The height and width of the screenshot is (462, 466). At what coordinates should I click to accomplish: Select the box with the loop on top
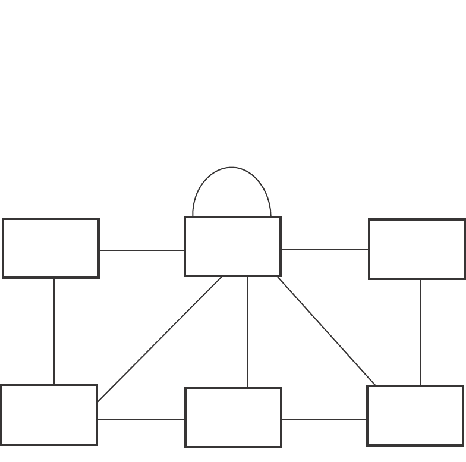click(x=232, y=246)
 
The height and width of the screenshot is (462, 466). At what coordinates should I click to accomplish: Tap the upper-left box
click(x=51, y=248)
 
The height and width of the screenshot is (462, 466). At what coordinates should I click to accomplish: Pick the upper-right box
click(x=417, y=249)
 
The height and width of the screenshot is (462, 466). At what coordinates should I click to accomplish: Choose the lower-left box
click(x=49, y=415)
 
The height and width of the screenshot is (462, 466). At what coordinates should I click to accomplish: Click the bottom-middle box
click(x=233, y=417)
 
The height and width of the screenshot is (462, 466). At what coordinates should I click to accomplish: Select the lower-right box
click(x=415, y=415)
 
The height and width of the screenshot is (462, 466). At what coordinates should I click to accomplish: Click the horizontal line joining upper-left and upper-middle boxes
click(x=141, y=250)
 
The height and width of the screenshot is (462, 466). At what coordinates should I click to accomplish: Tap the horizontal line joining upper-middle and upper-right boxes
click(x=325, y=249)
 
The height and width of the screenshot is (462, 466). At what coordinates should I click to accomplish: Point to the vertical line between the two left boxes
click(x=54, y=331)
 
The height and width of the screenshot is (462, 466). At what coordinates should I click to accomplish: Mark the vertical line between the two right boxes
click(x=420, y=332)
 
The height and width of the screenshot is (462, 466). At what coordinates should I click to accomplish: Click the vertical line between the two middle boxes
click(x=248, y=332)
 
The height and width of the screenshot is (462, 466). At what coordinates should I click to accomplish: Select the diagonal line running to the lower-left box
click(x=159, y=340)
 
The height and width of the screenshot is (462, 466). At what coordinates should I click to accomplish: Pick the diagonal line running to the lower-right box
click(x=326, y=331)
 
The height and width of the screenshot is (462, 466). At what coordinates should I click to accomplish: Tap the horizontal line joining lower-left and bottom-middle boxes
click(x=141, y=419)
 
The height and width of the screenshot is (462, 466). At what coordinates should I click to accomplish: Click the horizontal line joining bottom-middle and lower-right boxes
click(x=324, y=420)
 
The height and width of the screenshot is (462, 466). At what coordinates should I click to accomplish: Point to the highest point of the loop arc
click(x=232, y=168)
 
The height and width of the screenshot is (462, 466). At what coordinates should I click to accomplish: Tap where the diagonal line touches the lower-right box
click(x=376, y=385)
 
